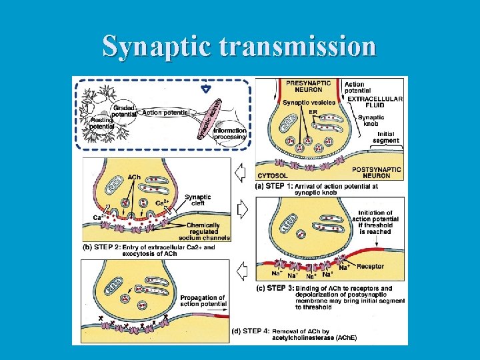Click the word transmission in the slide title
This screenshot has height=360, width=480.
297,47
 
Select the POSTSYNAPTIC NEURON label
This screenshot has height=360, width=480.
376,173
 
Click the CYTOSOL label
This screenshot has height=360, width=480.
273,176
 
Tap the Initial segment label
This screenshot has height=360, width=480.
386,137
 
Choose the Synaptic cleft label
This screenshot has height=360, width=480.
198,200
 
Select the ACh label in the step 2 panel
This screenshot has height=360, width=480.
133,177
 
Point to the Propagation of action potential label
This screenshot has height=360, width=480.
203,301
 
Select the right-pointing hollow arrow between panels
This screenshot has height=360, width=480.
243,210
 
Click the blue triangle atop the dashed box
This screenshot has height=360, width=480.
206,88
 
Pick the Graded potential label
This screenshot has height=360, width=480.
125,111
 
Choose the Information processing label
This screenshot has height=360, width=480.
230,133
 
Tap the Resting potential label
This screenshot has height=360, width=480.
101,123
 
